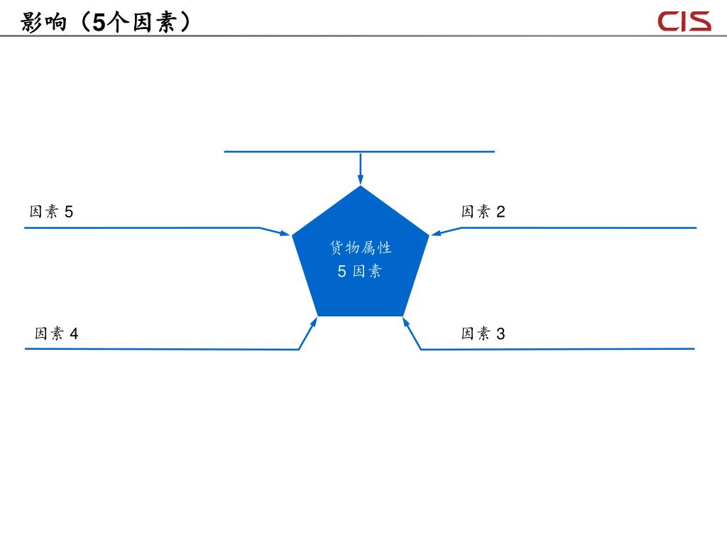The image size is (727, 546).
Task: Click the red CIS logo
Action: tap(684, 21)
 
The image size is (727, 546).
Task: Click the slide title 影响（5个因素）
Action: tap(106, 23)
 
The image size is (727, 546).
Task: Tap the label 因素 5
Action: tap(51, 212)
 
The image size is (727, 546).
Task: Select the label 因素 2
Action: tap(483, 212)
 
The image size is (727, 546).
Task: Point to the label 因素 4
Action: tap(57, 333)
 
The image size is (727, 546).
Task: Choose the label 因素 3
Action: tap(483, 333)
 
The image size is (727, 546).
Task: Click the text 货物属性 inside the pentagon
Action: tap(361, 248)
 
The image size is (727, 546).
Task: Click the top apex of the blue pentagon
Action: tap(361, 187)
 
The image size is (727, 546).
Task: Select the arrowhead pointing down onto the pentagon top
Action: tap(361, 180)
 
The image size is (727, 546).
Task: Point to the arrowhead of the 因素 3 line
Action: tap(406, 322)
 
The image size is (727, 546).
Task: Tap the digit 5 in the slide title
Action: tap(99, 23)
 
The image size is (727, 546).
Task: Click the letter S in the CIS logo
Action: tap(699, 21)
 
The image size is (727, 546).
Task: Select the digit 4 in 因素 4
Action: tap(74, 333)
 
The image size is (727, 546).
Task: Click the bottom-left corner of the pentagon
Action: tap(317, 315)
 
